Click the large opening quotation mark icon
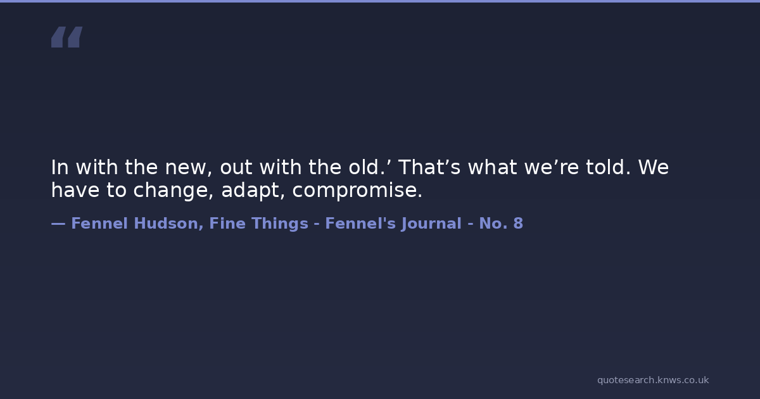[x=67, y=37]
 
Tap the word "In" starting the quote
[x=60, y=167]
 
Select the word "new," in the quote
[x=189, y=168]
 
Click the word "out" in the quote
[x=236, y=168]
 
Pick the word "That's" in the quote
[x=429, y=167]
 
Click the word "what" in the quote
[x=492, y=167]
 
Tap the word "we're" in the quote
[x=552, y=167]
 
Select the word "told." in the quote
[x=609, y=167]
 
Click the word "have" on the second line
[x=75, y=189]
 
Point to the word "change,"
[x=174, y=191]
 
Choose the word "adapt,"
[x=253, y=191]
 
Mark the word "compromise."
[x=357, y=191]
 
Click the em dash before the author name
[x=58, y=224]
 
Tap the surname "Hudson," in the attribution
[x=168, y=224]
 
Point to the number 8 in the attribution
[x=518, y=224]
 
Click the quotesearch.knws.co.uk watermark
[x=653, y=380]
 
